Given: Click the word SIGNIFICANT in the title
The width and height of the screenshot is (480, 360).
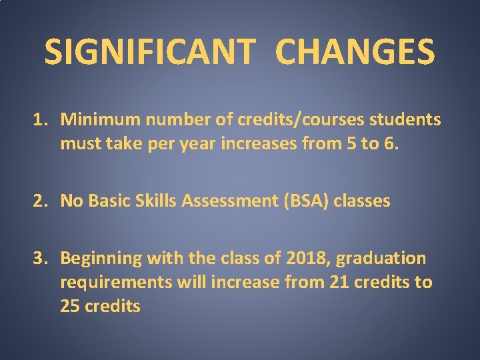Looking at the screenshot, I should pyautogui.click(x=149, y=51).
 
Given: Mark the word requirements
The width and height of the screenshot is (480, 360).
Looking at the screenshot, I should pyautogui.click(x=115, y=283).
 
